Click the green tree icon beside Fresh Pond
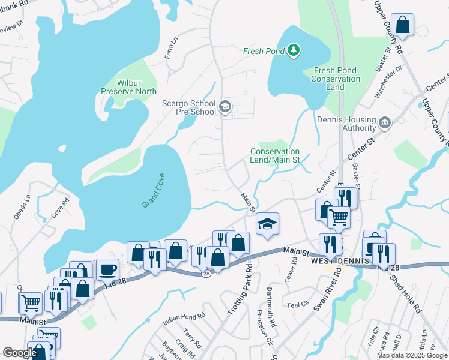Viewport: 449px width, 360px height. point(294,51)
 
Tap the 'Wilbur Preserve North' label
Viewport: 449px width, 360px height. point(128,87)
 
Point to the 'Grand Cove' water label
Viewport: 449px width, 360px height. point(154,191)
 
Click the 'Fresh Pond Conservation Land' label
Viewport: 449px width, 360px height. point(336,79)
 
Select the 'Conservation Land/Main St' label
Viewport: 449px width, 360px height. point(275,156)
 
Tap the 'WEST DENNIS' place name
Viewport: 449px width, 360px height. point(328,263)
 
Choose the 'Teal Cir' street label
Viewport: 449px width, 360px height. point(297,304)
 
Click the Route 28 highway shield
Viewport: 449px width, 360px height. point(205,273)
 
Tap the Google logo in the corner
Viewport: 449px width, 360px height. point(20,353)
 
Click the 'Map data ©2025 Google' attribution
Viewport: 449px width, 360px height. point(411,355)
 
